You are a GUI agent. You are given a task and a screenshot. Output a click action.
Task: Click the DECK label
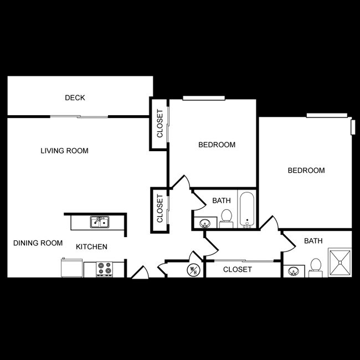pyautogui.click(x=75, y=98)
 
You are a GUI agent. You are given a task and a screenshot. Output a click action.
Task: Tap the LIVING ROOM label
pyautogui.click(x=64, y=151)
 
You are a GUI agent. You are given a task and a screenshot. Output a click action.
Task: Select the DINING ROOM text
pyautogui.click(x=38, y=243)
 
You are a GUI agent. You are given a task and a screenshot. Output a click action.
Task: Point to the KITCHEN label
pyautogui.click(x=91, y=247)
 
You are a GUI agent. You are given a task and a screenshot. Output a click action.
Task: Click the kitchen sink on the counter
pyautogui.click(x=100, y=222)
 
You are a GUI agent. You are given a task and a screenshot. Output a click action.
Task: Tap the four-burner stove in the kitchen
pyautogui.click(x=104, y=269)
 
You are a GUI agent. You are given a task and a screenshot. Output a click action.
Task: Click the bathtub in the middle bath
pyautogui.click(x=247, y=210)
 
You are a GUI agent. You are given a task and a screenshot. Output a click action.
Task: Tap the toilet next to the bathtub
pyautogui.click(x=226, y=217)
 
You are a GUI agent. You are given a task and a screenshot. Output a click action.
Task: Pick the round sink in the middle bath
pyautogui.click(x=204, y=224)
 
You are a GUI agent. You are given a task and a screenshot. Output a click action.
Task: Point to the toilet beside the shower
pyautogui.click(x=316, y=267)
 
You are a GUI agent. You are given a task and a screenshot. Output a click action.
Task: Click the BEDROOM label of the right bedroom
pyautogui.click(x=306, y=171)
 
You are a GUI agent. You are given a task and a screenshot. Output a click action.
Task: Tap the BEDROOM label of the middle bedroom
pyautogui.click(x=217, y=145)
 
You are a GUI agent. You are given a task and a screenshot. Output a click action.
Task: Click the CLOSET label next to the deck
pyautogui.click(x=160, y=124)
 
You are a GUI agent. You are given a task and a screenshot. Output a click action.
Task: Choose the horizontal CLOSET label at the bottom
pyautogui.click(x=237, y=270)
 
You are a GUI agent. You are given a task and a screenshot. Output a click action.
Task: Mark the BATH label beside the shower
pyautogui.click(x=313, y=241)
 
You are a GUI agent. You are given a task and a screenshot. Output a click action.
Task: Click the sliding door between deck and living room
pyautogui.click(x=79, y=116)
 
